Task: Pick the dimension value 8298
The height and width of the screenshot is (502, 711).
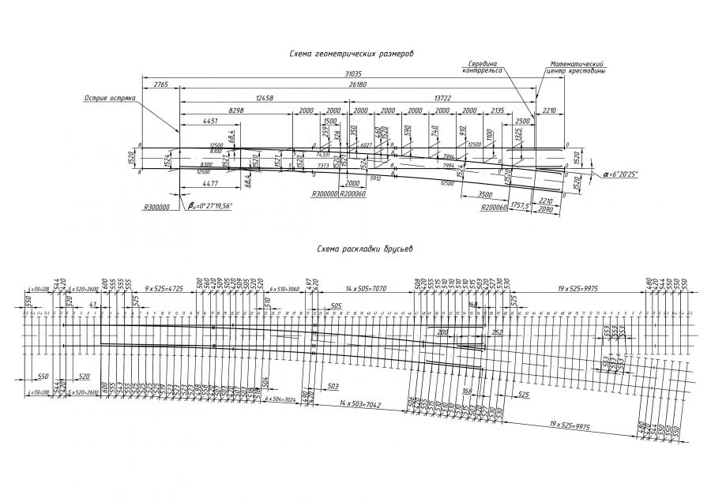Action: pos(235,111)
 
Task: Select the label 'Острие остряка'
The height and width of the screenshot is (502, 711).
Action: pos(111,99)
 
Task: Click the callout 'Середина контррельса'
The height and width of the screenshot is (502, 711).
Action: pos(481,66)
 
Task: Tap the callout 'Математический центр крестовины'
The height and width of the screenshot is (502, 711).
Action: pos(576,67)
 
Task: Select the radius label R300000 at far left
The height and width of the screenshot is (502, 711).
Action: pos(160,209)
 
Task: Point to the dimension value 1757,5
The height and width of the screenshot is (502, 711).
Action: pos(519,205)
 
